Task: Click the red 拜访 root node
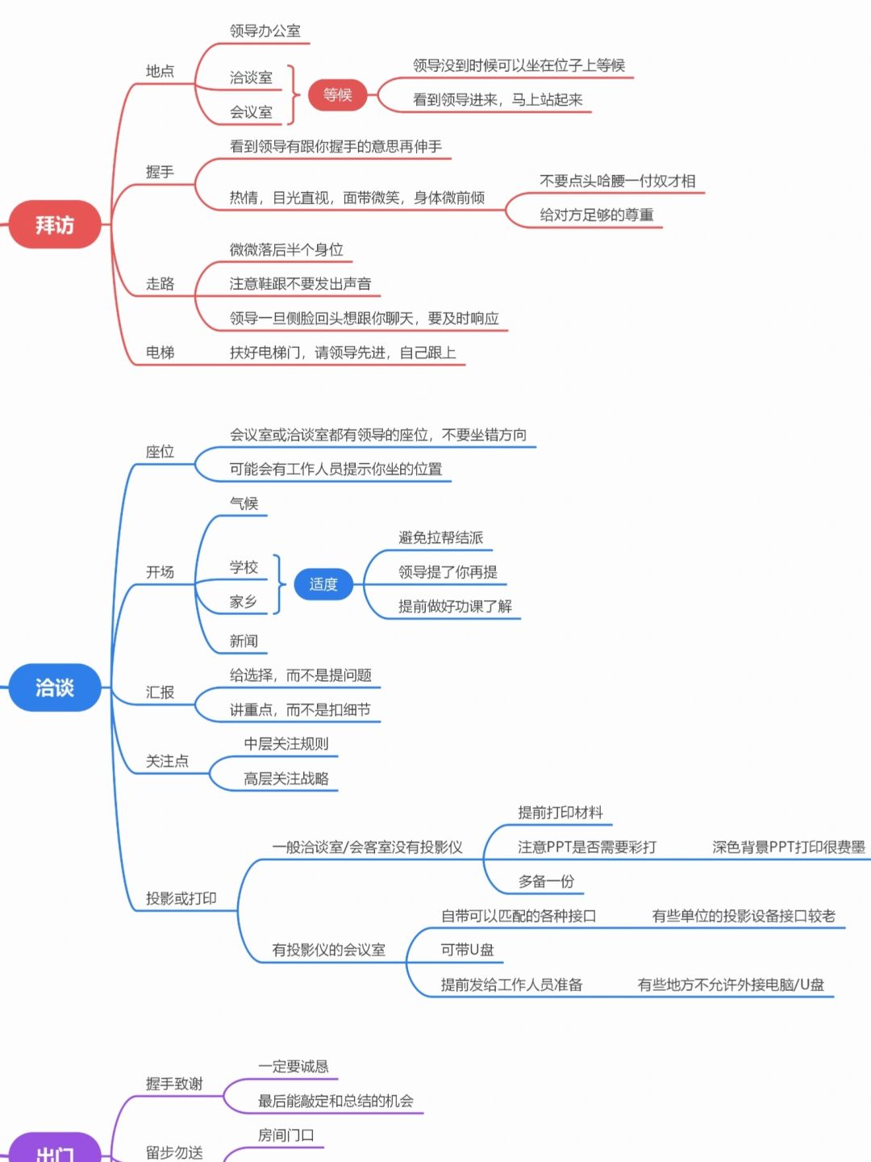click(x=54, y=224)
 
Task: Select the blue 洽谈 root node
click(x=54, y=688)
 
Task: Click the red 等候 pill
click(x=337, y=94)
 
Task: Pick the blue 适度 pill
click(x=323, y=584)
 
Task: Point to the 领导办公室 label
click(x=265, y=31)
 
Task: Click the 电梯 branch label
click(x=160, y=353)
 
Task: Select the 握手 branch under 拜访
click(x=160, y=172)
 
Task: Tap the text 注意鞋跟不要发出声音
click(x=300, y=284)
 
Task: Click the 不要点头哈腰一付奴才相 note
click(x=617, y=181)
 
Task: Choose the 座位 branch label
click(x=160, y=452)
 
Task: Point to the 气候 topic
click(x=244, y=504)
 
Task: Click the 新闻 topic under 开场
click(x=244, y=641)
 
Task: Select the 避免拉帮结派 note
click(x=440, y=537)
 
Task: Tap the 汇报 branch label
click(x=160, y=692)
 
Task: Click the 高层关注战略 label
click(x=286, y=779)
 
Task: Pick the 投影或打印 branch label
click(x=181, y=898)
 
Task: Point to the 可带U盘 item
click(x=467, y=950)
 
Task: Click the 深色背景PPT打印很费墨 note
click(x=788, y=847)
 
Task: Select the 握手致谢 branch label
click(x=174, y=1084)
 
